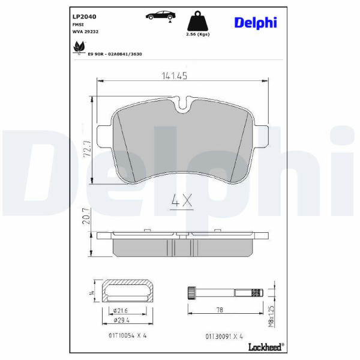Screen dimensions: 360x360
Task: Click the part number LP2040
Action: pos(84,17)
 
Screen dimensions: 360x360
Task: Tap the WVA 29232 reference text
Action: pos(85,32)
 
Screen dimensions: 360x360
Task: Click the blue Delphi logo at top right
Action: pos(256,23)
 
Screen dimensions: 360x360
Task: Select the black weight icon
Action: pos(197,21)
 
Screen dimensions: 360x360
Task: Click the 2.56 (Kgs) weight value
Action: pos(197,34)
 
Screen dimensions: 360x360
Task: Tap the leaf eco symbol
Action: pos(79,47)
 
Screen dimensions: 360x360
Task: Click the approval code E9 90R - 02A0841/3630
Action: pos(115,54)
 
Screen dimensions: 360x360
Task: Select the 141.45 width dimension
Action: pos(175,76)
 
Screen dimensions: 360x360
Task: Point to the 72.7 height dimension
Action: pos(87,149)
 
